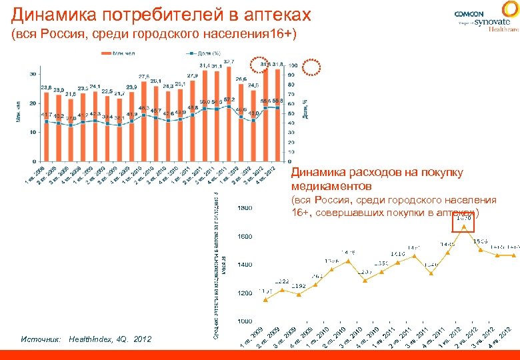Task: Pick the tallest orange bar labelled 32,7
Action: pyautogui.click(x=229, y=113)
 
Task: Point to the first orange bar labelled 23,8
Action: pyautogui.click(x=46, y=127)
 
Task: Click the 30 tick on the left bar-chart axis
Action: pyautogui.click(x=33, y=74)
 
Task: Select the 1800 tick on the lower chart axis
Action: pyautogui.click(x=245, y=209)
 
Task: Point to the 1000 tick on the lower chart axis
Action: pyautogui.click(x=245, y=321)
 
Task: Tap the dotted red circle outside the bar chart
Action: pyautogui.click(x=312, y=67)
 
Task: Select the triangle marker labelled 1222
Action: pyautogui.click(x=282, y=289)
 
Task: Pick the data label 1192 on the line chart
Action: pyautogui.click(x=298, y=286)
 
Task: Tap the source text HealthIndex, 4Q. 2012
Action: pyautogui.click(x=110, y=339)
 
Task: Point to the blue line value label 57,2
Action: pyautogui.click(x=229, y=99)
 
